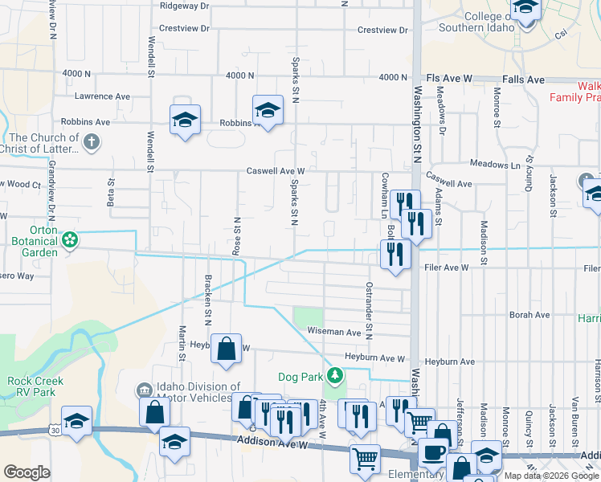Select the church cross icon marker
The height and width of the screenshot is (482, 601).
[92, 143]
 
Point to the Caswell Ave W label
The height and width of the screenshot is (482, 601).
[276, 171]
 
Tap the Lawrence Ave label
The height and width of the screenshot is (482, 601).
[102, 96]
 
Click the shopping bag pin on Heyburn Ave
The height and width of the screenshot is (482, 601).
[227, 349]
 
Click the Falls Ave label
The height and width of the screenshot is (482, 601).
[523, 80]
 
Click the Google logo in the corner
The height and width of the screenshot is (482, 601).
[27, 472]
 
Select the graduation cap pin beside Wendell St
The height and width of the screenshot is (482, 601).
[186, 120]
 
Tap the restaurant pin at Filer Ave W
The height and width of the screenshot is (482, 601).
[395, 255]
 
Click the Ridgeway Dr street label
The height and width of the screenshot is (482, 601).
[184, 6]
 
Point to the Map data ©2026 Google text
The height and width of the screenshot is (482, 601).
[552, 476]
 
